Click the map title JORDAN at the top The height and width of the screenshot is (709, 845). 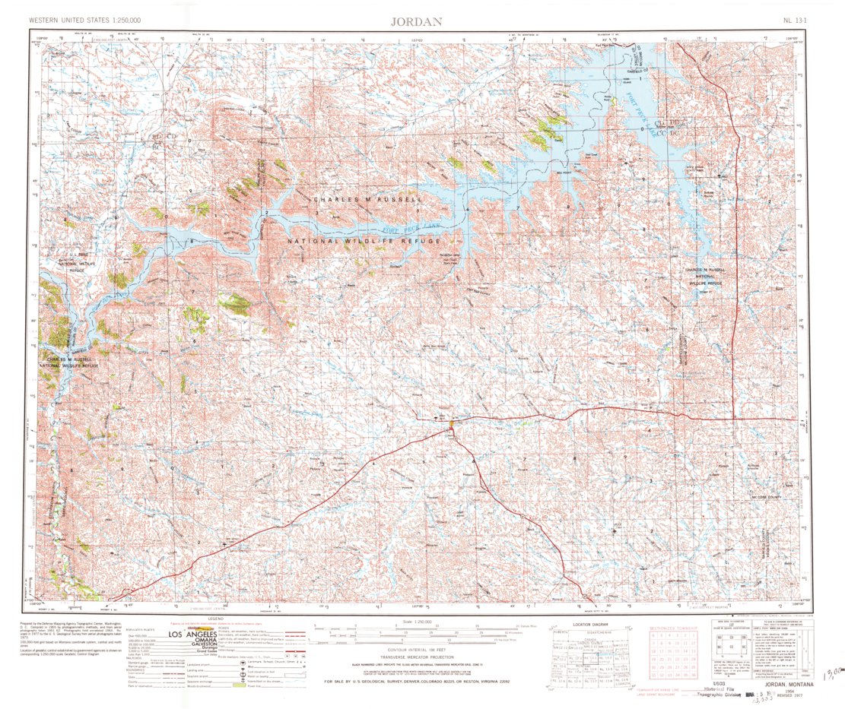tap(416, 21)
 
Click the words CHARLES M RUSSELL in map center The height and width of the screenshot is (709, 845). tap(367, 199)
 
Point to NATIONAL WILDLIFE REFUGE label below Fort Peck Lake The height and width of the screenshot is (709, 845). tap(364, 241)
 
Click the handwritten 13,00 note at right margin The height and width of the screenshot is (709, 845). tap(832, 674)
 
